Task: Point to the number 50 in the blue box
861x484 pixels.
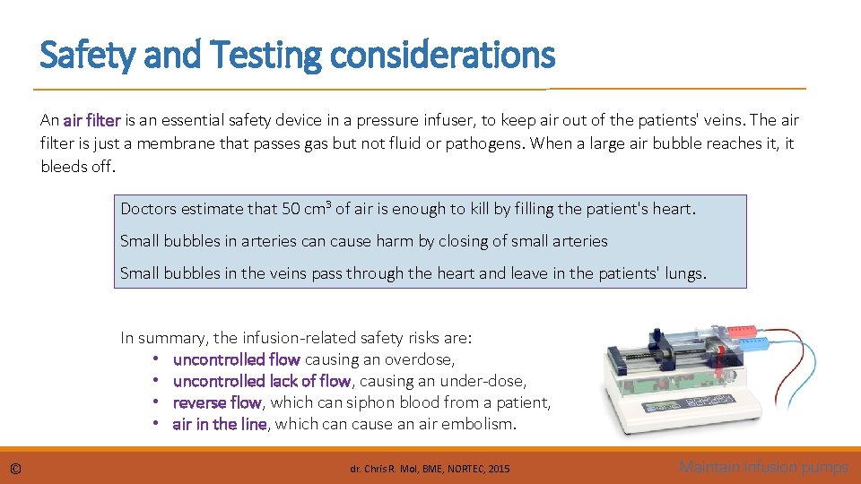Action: coord(291,209)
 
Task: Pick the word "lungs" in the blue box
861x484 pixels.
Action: coord(684,273)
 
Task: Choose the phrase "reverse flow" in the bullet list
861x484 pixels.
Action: coord(216,402)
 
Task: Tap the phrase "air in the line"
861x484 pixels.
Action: coord(220,424)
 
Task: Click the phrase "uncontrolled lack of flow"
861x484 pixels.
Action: coord(261,381)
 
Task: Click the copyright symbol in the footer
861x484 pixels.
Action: coord(16,468)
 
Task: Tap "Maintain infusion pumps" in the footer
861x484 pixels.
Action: coord(763,466)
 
